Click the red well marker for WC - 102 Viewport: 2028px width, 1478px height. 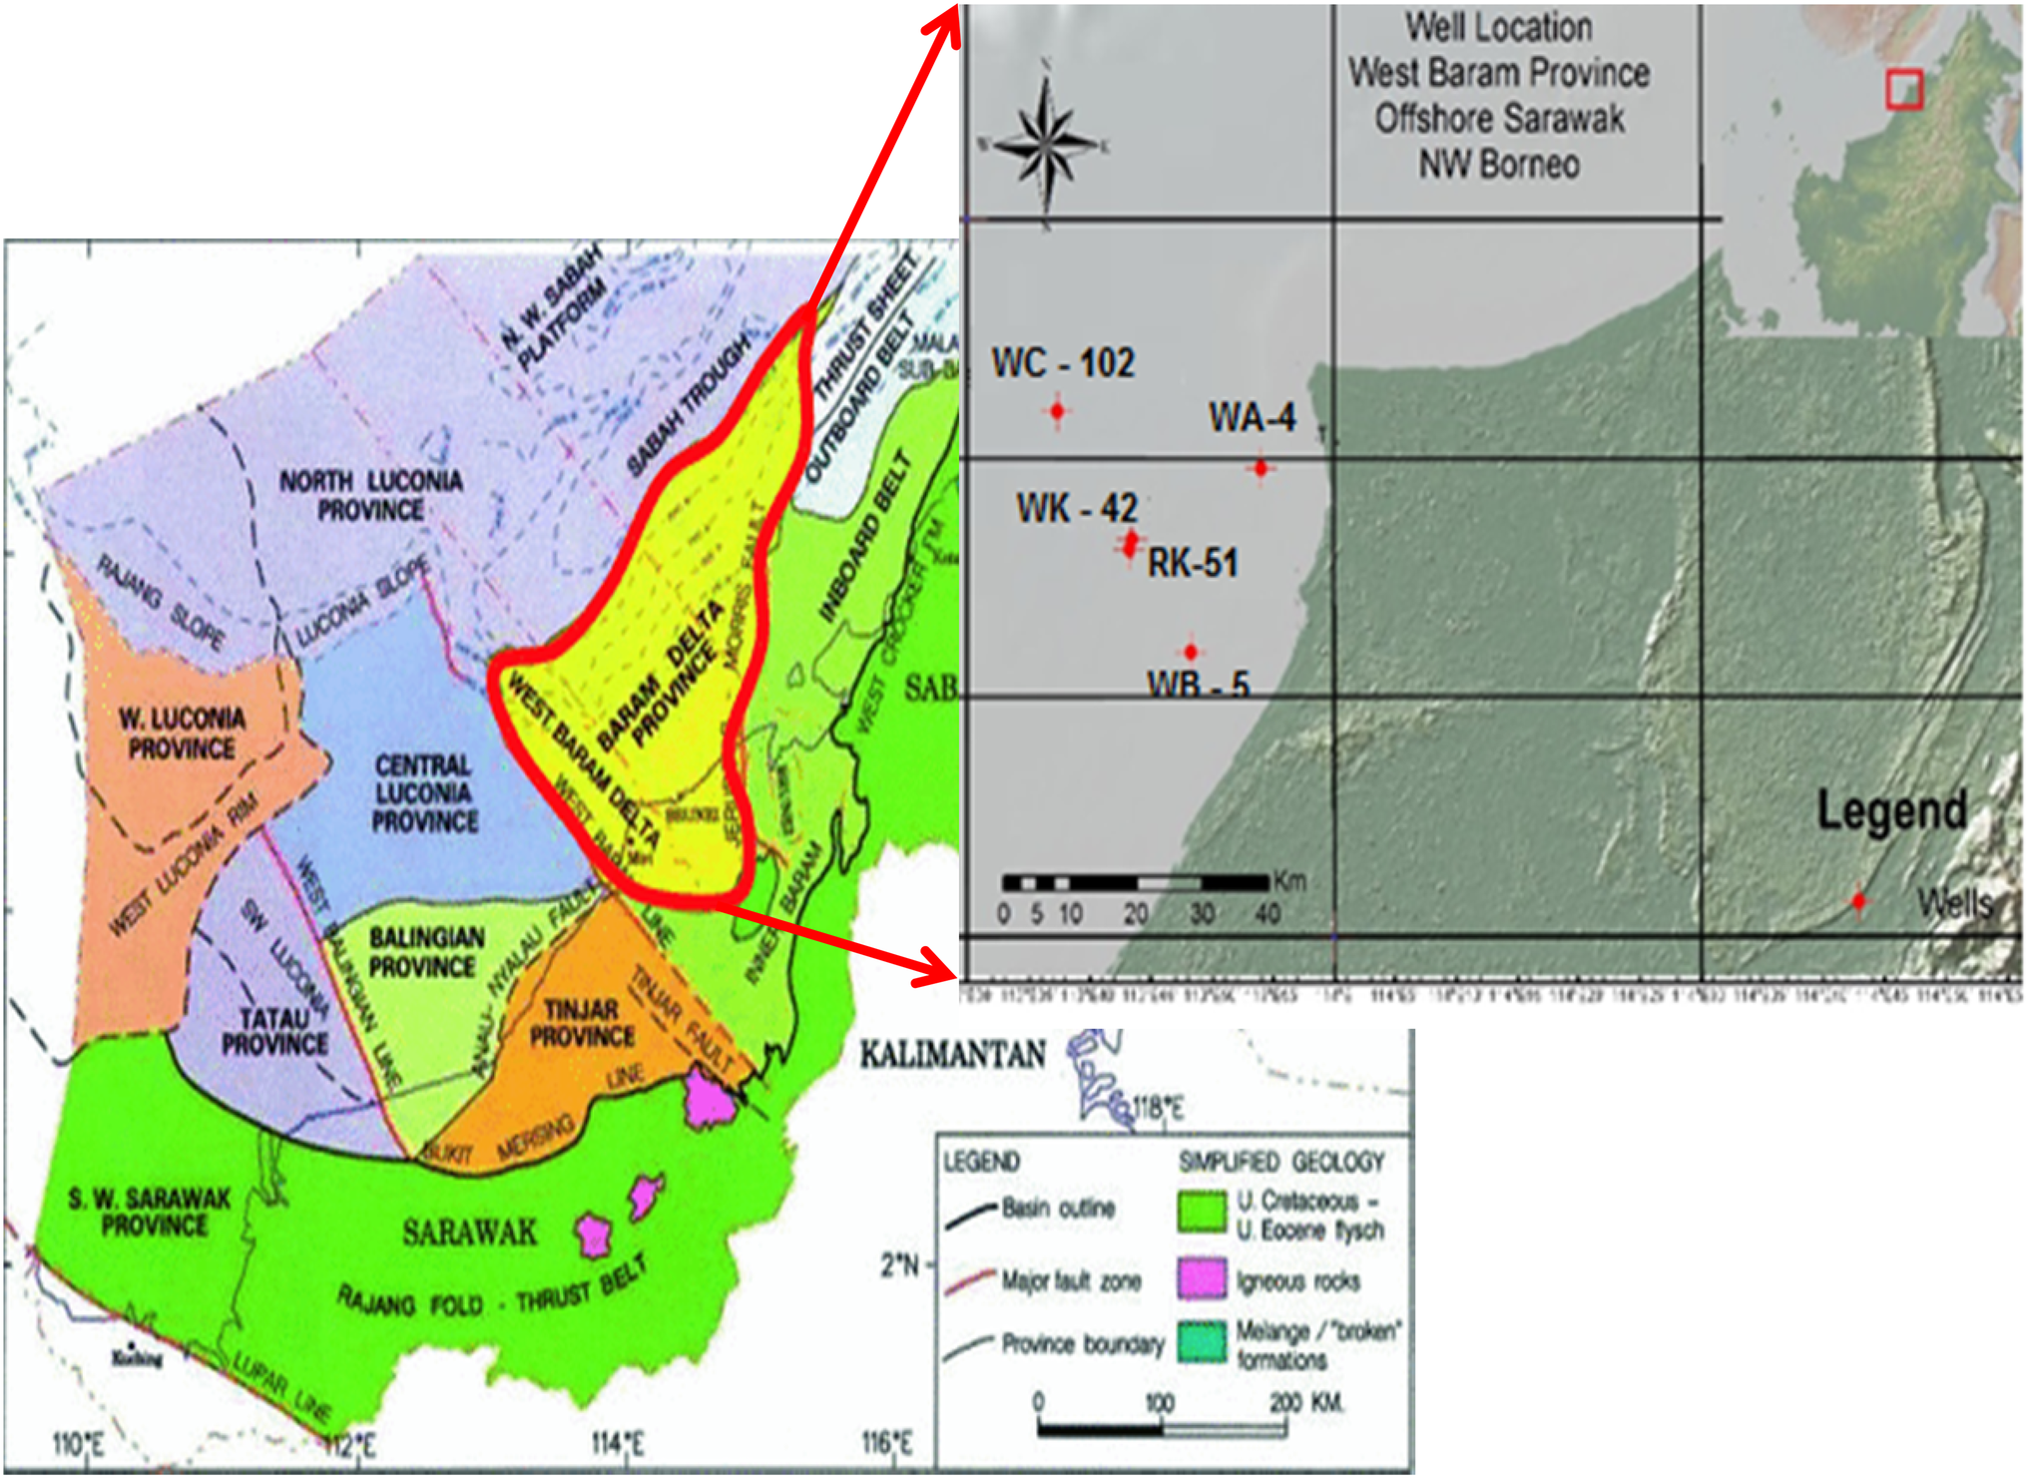click(x=1057, y=410)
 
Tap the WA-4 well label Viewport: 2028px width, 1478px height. click(x=1253, y=417)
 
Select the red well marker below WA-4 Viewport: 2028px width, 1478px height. click(x=1261, y=467)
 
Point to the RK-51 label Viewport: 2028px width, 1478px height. click(x=1193, y=563)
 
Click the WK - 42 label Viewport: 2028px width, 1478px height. click(x=1077, y=508)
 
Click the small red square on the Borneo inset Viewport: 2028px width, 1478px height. click(x=1904, y=89)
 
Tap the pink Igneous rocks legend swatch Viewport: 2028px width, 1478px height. click(x=1202, y=1278)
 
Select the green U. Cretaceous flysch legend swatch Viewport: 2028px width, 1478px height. click(x=1202, y=1212)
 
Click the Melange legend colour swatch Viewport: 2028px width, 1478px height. click(x=1202, y=1342)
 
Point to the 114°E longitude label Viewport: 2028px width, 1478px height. click(x=618, y=1443)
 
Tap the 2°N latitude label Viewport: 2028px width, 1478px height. click(x=898, y=1265)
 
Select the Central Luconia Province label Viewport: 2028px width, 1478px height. click(x=423, y=793)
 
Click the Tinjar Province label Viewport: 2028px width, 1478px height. click(x=581, y=1023)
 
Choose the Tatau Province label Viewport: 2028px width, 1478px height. click(x=274, y=1031)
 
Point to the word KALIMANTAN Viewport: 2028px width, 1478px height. click(x=952, y=1055)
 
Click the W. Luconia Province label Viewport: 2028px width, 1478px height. click(x=182, y=734)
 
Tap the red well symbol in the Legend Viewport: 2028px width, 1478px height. click(x=1858, y=901)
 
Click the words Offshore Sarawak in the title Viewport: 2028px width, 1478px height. click(x=1499, y=119)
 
